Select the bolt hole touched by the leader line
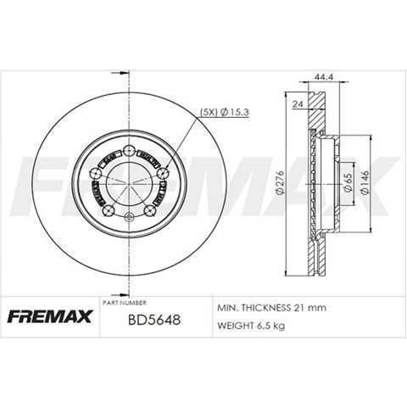pos(161,176)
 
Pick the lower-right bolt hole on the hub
pos(150,210)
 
